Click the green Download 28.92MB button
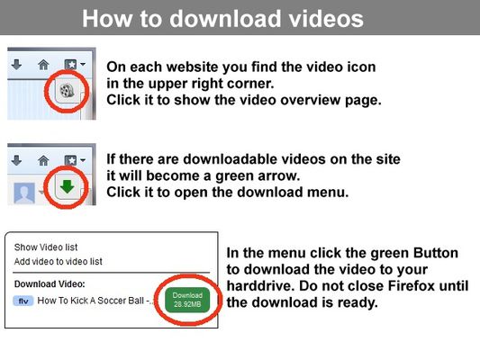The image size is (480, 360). click(x=188, y=300)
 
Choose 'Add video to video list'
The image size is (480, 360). click(x=58, y=261)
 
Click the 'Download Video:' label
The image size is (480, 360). click(x=49, y=283)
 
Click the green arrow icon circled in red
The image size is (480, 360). click(x=67, y=189)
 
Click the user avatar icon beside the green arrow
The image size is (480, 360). click(x=23, y=192)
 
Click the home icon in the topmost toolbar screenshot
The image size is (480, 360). click(x=42, y=65)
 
